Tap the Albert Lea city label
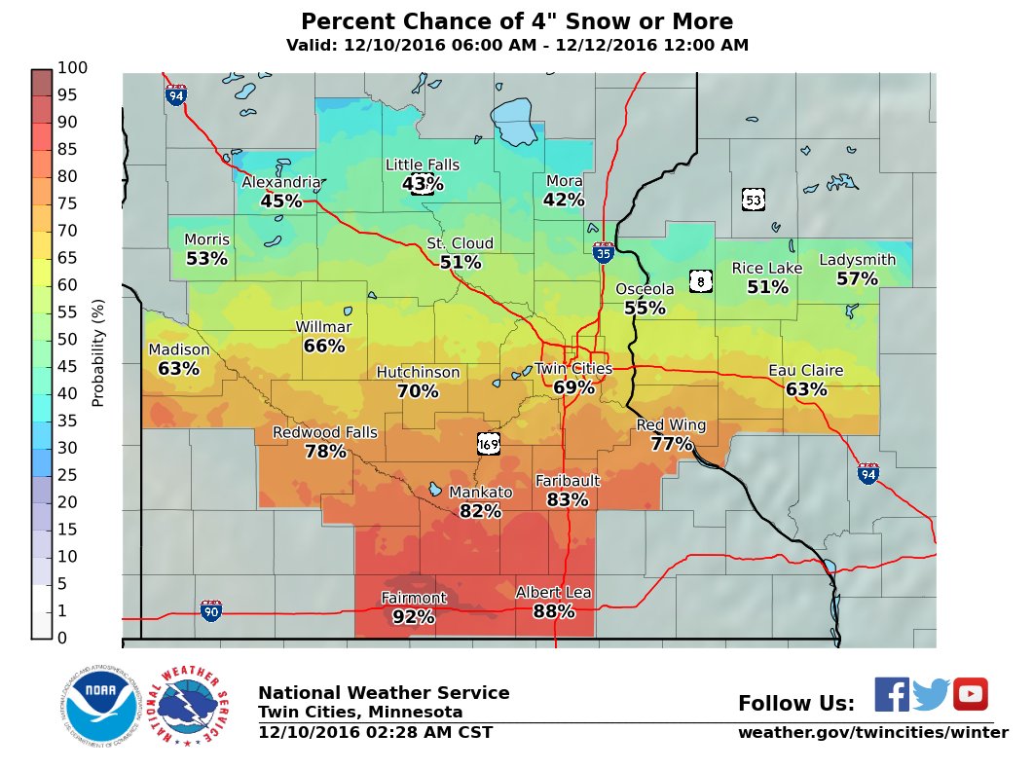click(553, 592)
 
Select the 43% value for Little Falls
click(422, 184)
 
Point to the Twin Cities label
click(573, 369)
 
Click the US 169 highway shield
click(489, 444)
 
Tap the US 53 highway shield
click(753, 200)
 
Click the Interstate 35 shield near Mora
click(603, 253)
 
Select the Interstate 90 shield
click(211, 611)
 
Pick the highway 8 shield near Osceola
click(700, 281)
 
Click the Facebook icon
click(891, 694)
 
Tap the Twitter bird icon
click(931, 694)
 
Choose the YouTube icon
click(970, 694)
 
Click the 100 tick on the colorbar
click(73, 67)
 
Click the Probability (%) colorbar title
click(97, 352)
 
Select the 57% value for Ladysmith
click(857, 278)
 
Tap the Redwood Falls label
click(324, 432)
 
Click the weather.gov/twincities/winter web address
click(872, 732)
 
